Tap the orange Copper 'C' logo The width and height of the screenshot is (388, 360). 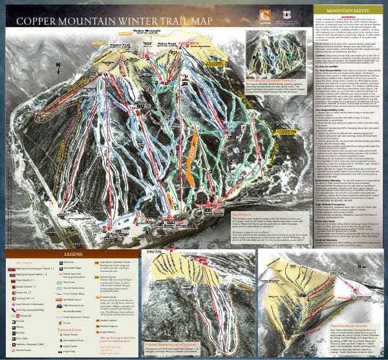click(x=264, y=15)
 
